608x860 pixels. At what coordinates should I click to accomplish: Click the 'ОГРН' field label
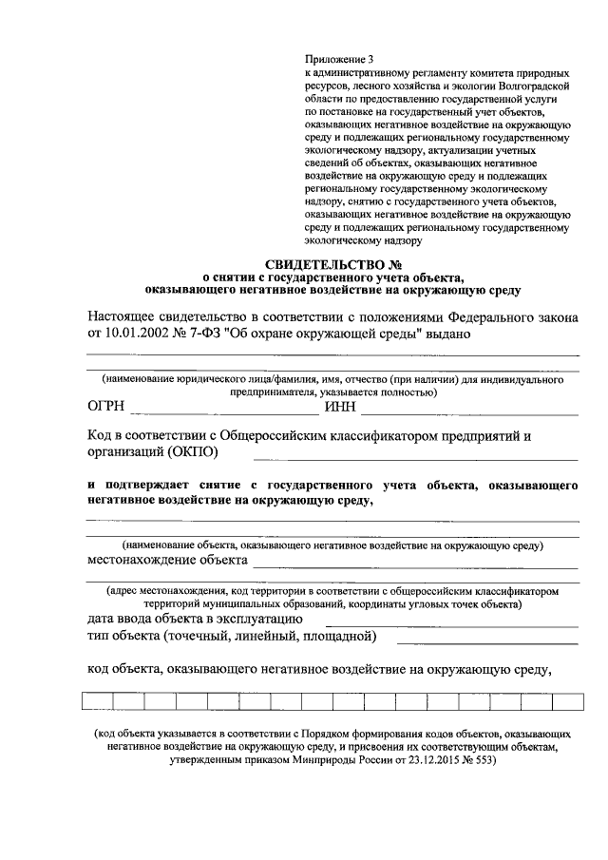[107, 409]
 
